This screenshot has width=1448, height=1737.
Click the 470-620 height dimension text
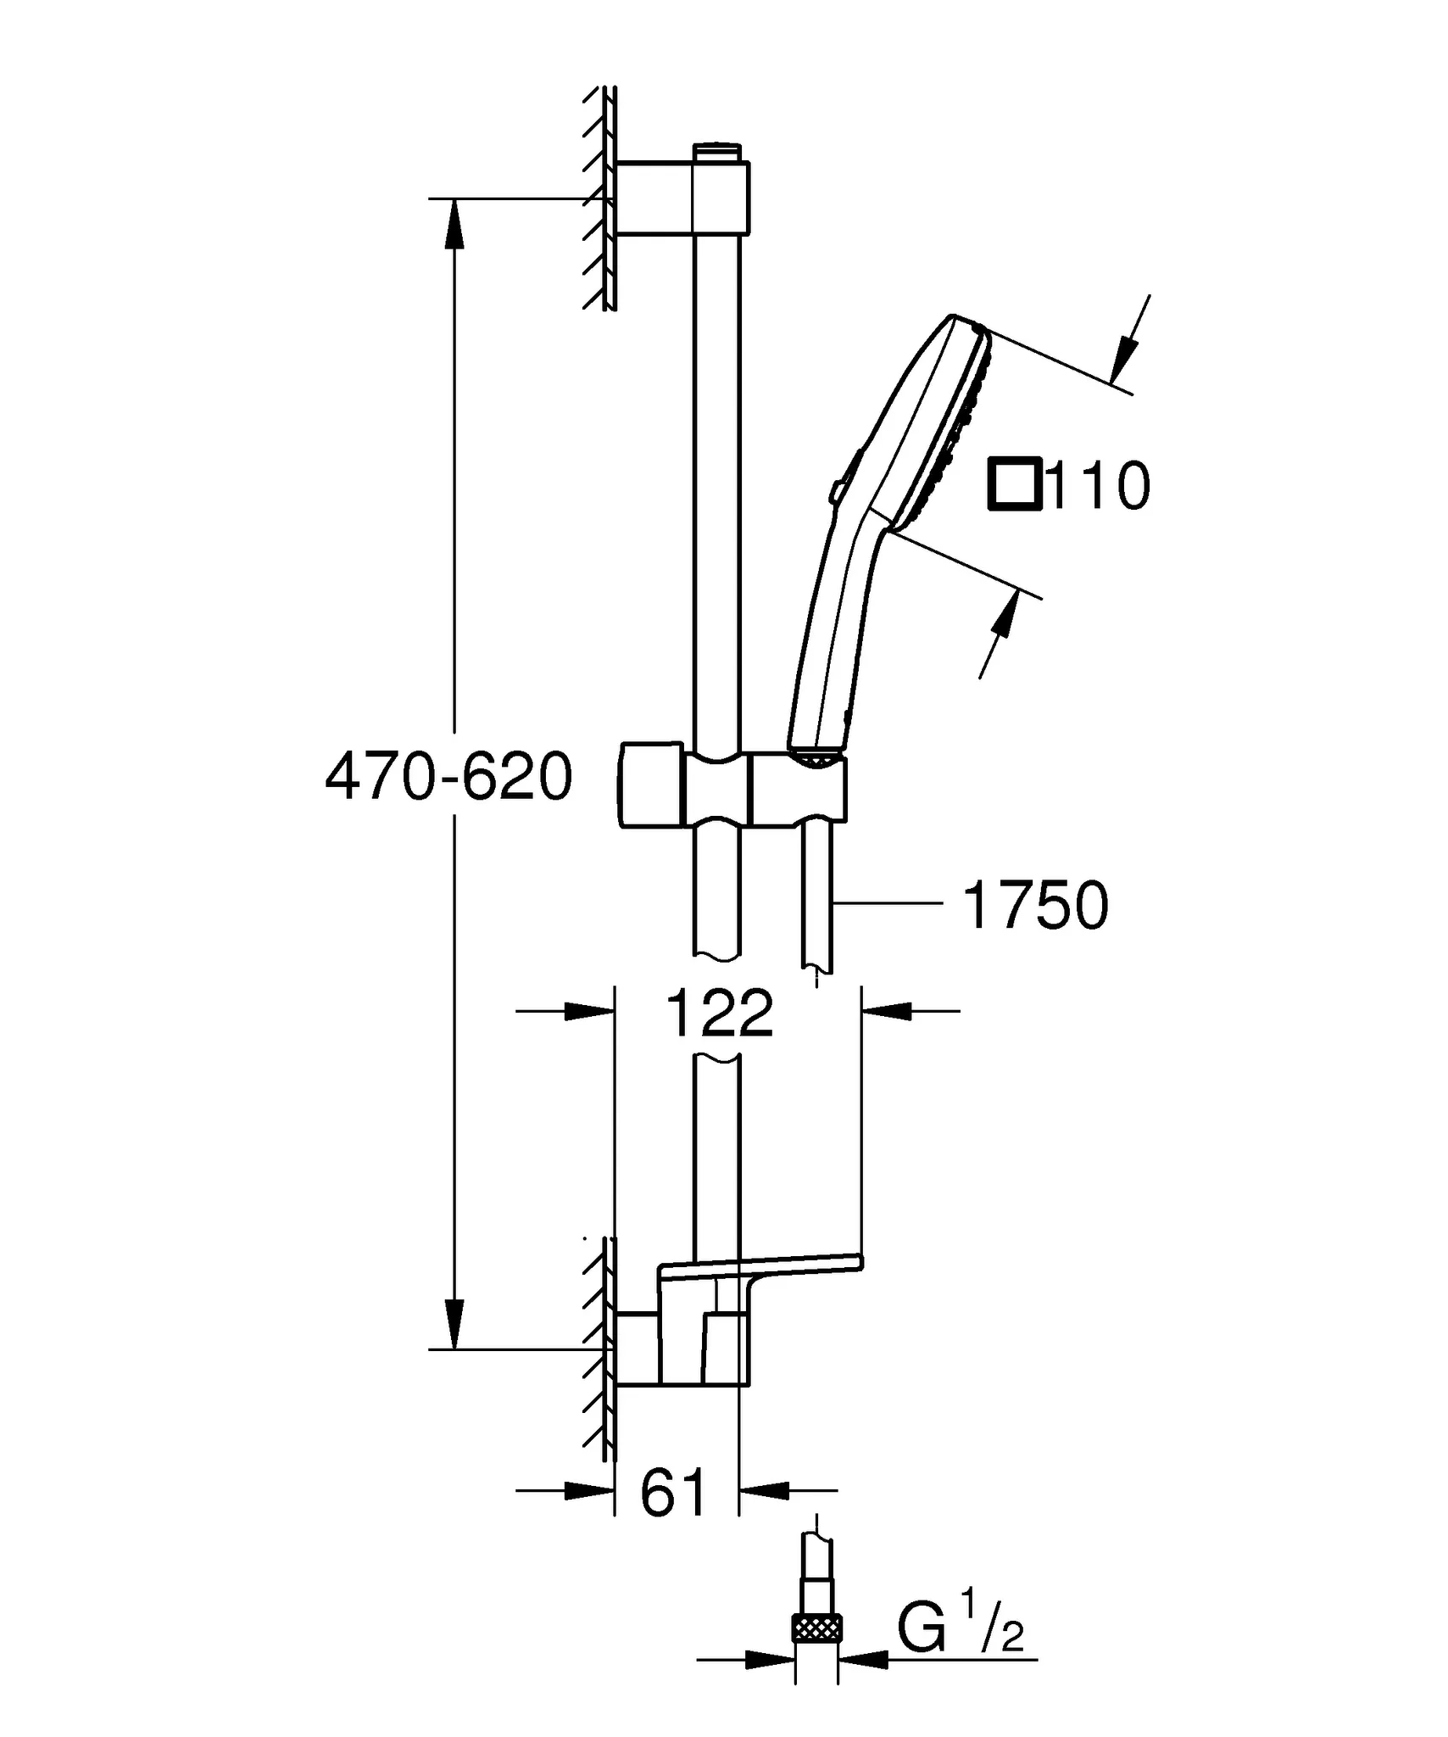pos(449,778)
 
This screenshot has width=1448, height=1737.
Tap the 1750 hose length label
pos(1035,906)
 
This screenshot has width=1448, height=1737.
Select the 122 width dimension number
pos(720,1013)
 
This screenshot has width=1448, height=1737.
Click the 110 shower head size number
pos(1099,486)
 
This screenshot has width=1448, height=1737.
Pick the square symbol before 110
pos(1015,485)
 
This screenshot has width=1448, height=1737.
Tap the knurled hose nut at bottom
pos(817,1628)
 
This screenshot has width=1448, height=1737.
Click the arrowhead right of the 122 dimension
pos(886,1011)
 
